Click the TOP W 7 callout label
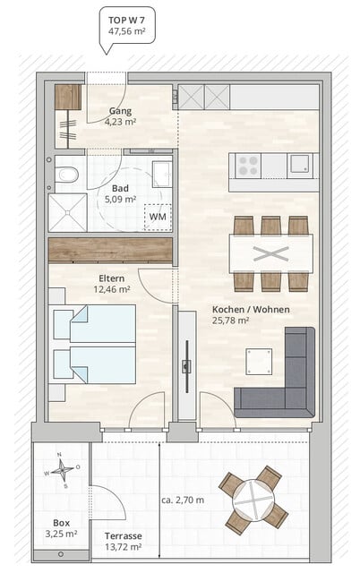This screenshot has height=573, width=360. (x=124, y=24)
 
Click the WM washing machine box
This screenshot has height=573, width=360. (x=158, y=217)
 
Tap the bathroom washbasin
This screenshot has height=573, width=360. (x=162, y=174)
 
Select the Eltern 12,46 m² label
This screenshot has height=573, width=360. (x=112, y=285)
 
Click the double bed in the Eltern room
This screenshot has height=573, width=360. (x=94, y=344)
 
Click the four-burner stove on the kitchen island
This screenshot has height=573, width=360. (x=248, y=165)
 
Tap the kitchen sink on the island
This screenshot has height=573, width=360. (x=301, y=164)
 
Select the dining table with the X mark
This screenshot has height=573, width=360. (x=270, y=252)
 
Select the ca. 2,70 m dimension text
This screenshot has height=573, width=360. (x=183, y=500)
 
